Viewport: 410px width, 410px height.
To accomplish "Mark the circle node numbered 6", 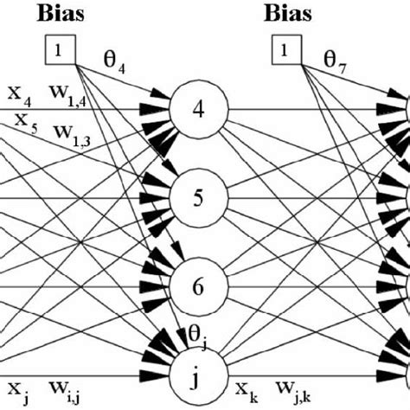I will point(199,287).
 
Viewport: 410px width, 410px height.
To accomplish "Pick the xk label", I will point(244,386).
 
